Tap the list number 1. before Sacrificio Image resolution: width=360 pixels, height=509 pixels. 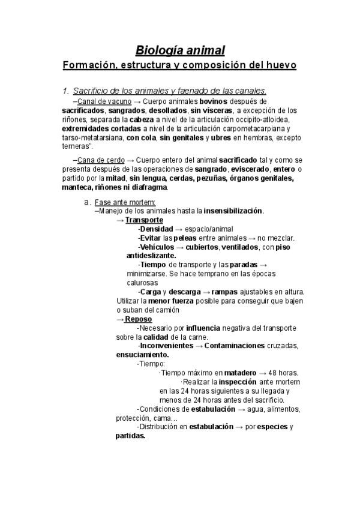tap(66, 91)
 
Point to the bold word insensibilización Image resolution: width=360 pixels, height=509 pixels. tap(233, 211)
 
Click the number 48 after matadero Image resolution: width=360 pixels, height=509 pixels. tap(273, 373)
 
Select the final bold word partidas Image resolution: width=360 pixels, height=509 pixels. tap(130, 436)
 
